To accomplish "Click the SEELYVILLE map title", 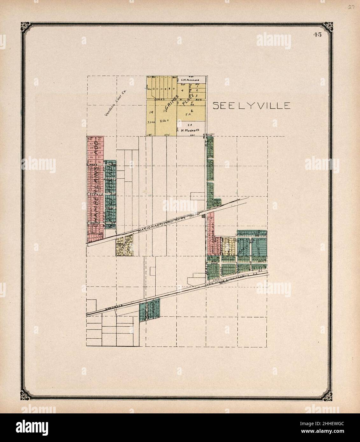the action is (x=251, y=106).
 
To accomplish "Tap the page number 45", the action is (x=317, y=35).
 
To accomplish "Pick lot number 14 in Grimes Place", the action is (x=151, y=112).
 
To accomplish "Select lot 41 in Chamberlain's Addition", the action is (x=99, y=139).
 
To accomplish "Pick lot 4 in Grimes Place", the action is (x=182, y=91).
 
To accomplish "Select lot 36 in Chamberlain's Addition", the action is (x=99, y=162).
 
